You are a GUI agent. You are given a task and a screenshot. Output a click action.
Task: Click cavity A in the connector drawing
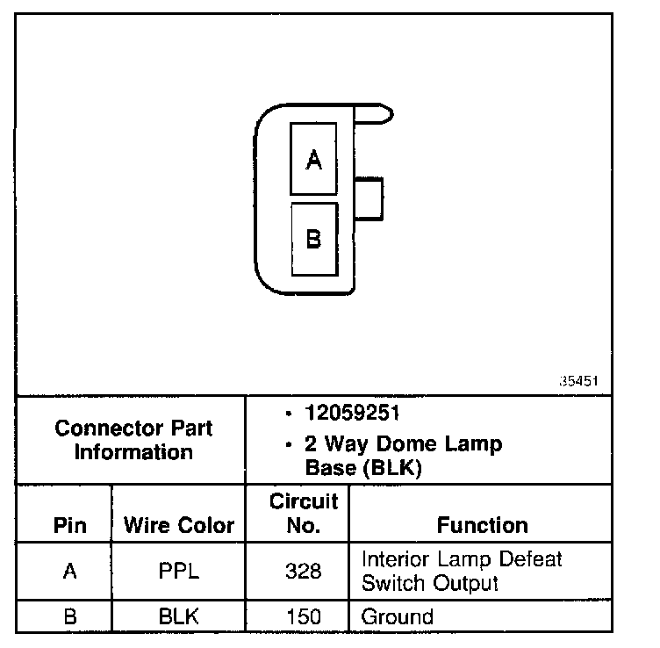[313, 159]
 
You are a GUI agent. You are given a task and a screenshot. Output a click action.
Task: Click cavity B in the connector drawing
[313, 239]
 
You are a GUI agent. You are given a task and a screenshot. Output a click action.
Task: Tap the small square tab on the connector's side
[370, 198]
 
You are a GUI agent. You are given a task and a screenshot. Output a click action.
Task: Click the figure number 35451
[579, 382]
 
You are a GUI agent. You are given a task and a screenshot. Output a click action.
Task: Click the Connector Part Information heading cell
[133, 440]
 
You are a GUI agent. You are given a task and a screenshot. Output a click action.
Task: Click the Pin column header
[70, 525]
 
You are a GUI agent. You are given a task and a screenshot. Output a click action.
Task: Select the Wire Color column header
[179, 525]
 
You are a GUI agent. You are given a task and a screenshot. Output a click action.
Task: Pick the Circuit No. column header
[304, 514]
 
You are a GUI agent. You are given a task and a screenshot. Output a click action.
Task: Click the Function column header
[482, 525]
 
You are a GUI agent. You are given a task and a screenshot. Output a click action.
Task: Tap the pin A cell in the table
[70, 571]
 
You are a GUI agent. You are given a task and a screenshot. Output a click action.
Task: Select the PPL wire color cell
[179, 571]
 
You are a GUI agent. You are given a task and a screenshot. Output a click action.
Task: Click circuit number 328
[304, 571]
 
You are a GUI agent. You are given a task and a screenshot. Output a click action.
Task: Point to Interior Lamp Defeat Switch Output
[461, 571]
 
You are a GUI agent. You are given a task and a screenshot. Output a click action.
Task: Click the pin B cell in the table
[70, 616]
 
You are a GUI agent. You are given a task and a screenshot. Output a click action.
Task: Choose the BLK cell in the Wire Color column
[179, 616]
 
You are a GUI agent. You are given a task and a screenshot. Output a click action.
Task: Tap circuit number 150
[304, 616]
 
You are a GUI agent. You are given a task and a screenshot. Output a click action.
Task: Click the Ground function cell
[398, 616]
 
